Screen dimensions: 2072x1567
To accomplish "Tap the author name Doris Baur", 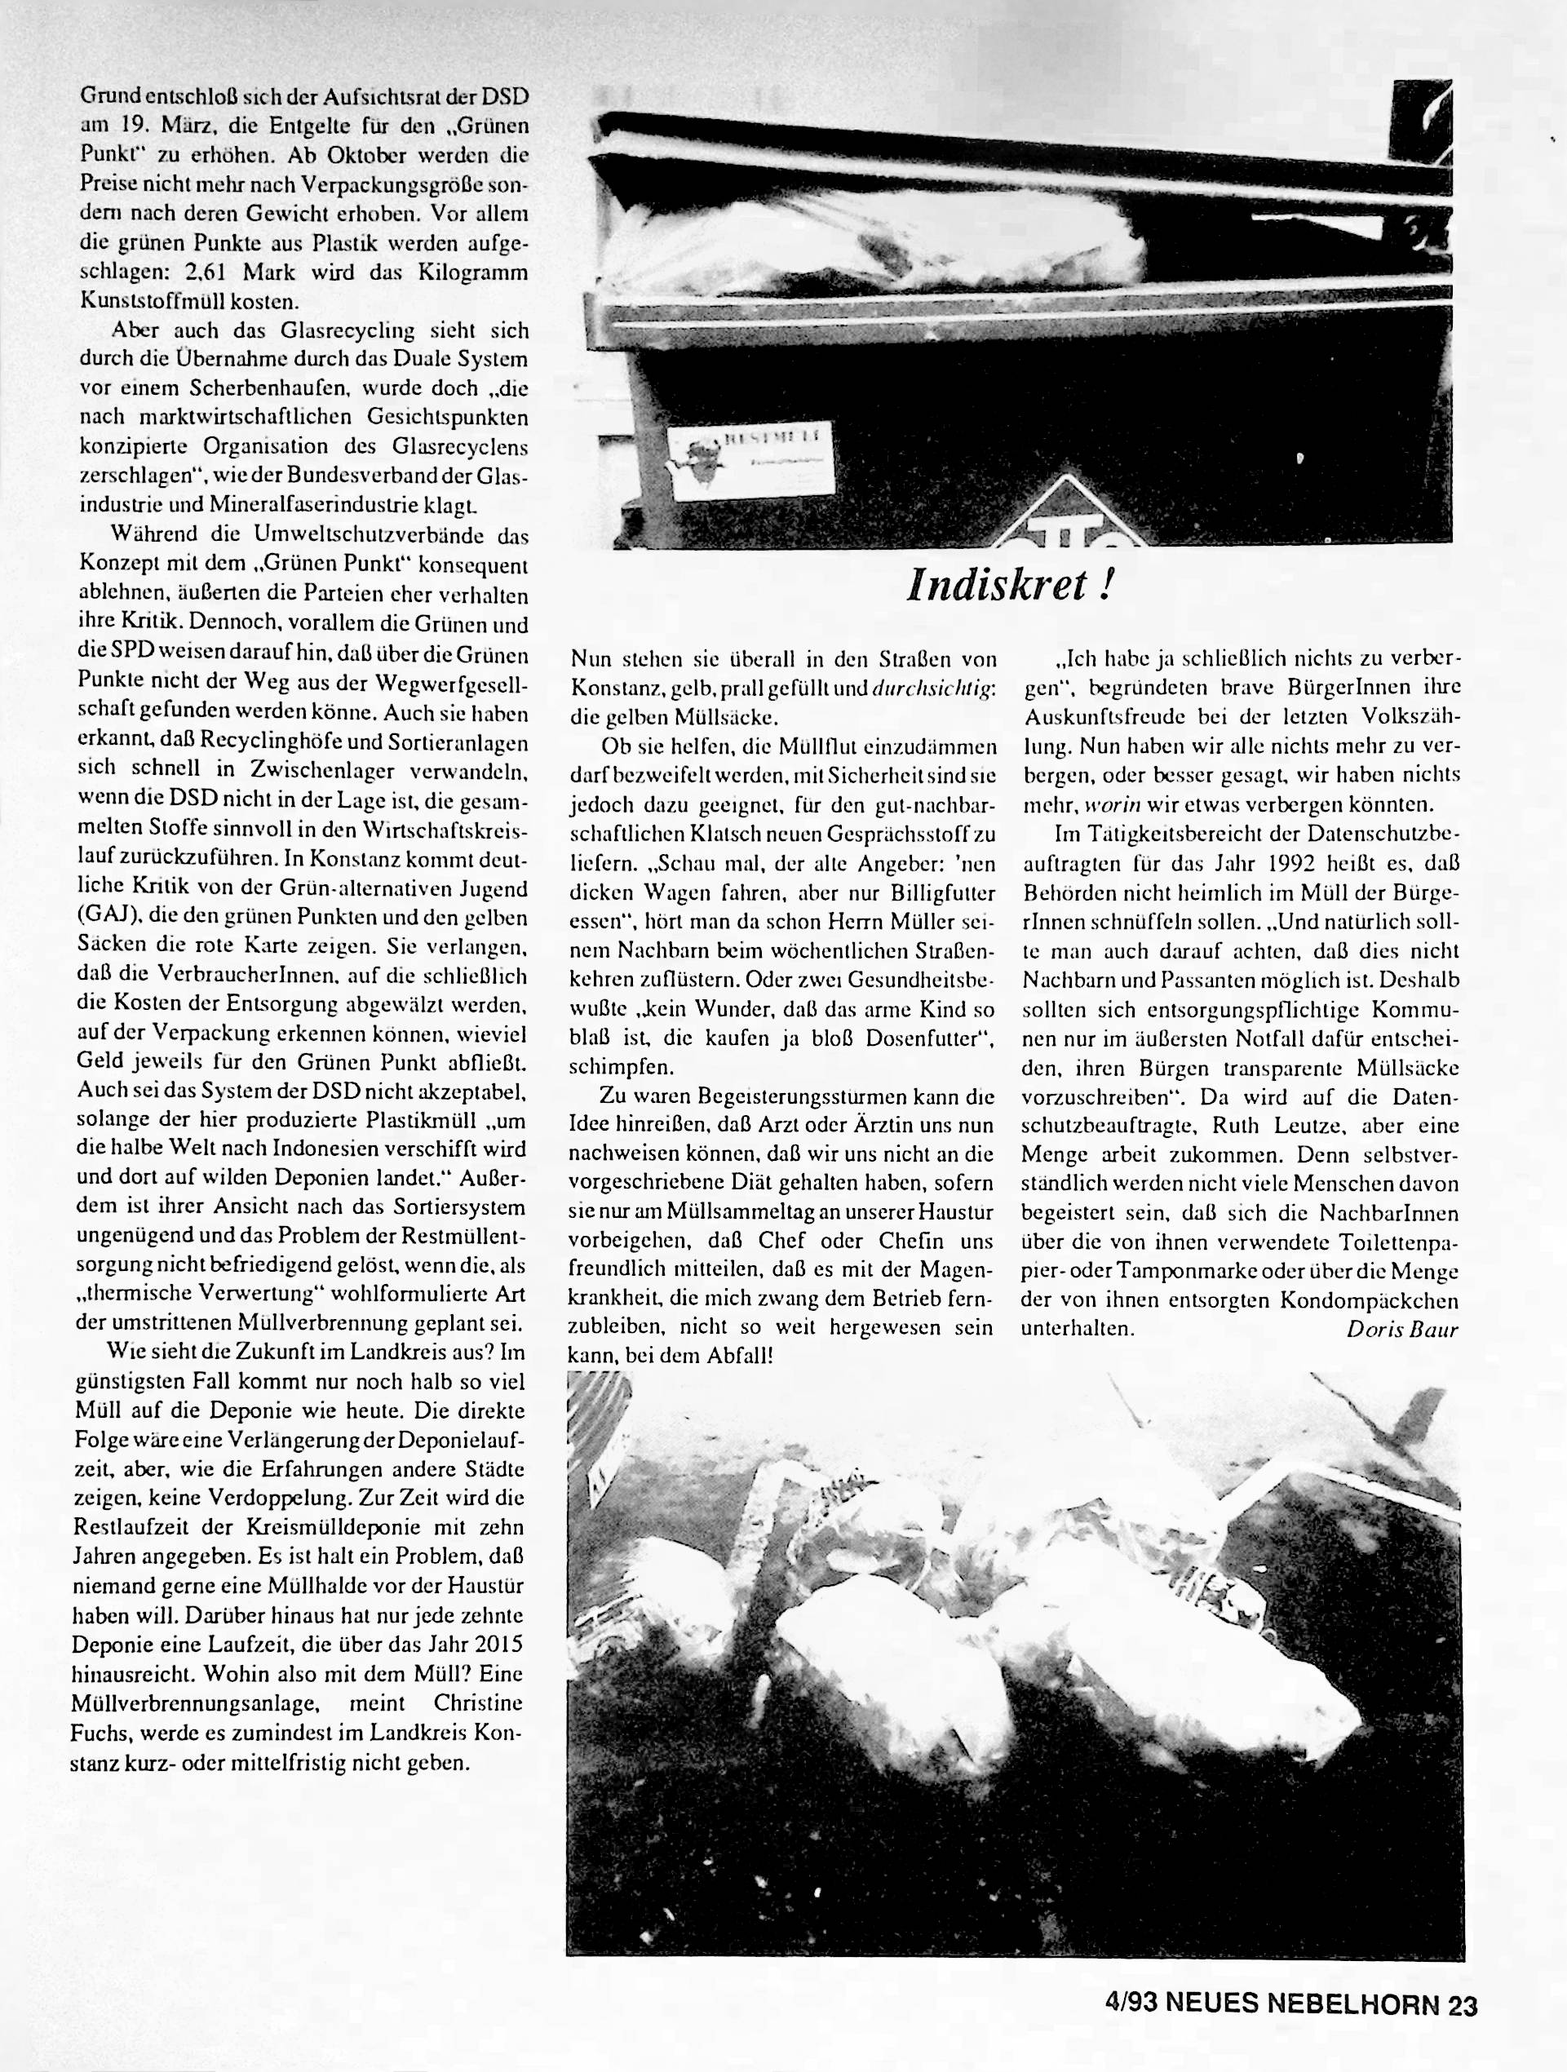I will [1402, 1328].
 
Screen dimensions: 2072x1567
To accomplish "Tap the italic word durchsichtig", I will [933, 688].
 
